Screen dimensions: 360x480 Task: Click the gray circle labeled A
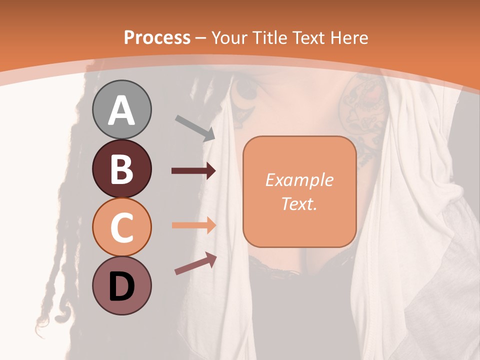point(121,109)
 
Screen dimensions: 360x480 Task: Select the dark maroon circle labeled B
point(121,168)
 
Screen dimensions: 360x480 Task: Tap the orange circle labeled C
point(121,227)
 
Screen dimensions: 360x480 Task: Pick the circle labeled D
point(121,286)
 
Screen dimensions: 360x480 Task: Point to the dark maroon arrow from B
point(194,171)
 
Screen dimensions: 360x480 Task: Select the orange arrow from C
point(194,225)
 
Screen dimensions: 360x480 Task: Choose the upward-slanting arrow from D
point(195,263)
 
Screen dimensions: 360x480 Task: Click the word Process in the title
point(157,37)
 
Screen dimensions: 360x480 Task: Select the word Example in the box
point(299,180)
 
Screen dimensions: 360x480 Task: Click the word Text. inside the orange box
point(299,203)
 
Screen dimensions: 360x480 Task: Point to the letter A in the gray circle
point(121,110)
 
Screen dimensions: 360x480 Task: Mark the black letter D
point(121,286)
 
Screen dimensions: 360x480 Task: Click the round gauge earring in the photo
point(246,90)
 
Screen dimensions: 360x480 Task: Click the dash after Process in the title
point(201,38)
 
